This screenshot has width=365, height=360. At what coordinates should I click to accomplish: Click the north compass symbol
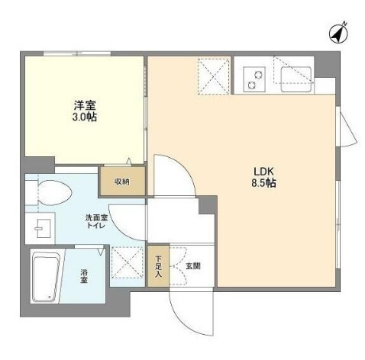[x=338, y=34]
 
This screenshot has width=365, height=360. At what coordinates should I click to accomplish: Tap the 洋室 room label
[x=85, y=105]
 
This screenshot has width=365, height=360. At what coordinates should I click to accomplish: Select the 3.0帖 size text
[x=85, y=117]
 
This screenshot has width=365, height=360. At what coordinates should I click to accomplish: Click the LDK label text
[x=263, y=172]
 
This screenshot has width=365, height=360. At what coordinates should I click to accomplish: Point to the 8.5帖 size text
[x=264, y=183]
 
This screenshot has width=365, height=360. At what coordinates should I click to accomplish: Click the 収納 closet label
[x=122, y=182]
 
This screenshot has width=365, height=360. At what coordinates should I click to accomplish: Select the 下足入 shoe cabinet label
[x=158, y=266]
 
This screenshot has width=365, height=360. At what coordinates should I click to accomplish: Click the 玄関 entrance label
[x=193, y=266]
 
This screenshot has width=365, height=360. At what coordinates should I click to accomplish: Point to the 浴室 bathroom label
[x=84, y=277]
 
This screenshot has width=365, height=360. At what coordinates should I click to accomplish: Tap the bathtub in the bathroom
[x=47, y=277]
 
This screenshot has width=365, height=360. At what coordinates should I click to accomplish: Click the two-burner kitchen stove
[x=254, y=79]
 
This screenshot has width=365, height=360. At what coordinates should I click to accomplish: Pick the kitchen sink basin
[x=296, y=79]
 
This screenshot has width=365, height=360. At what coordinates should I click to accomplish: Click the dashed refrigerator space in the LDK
[x=214, y=76]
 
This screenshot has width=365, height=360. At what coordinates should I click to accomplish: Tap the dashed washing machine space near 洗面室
[x=128, y=262]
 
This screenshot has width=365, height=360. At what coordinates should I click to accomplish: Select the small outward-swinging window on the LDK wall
[x=347, y=127]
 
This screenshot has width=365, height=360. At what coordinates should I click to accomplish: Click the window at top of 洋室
[x=77, y=53]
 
